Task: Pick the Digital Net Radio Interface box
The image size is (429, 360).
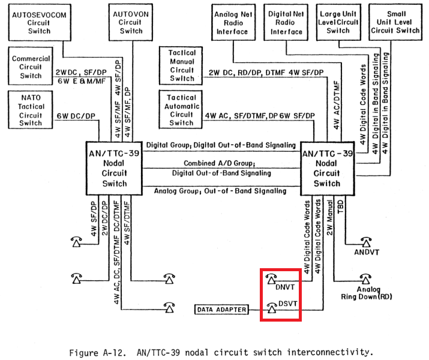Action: pyautogui.click(x=286, y=23)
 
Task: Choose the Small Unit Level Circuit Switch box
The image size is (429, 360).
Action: pyautogui.click(x=395, y=22)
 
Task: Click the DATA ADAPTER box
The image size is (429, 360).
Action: pyautogui.click(x=221, y=310)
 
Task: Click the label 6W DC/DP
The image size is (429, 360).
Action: pyautogui.click(x=76, y=116)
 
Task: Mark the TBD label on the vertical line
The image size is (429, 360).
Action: pyautogui.click(x=341, y=206)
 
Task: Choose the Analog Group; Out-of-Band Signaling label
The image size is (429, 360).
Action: pyautogui.click(x=220, y=191)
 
